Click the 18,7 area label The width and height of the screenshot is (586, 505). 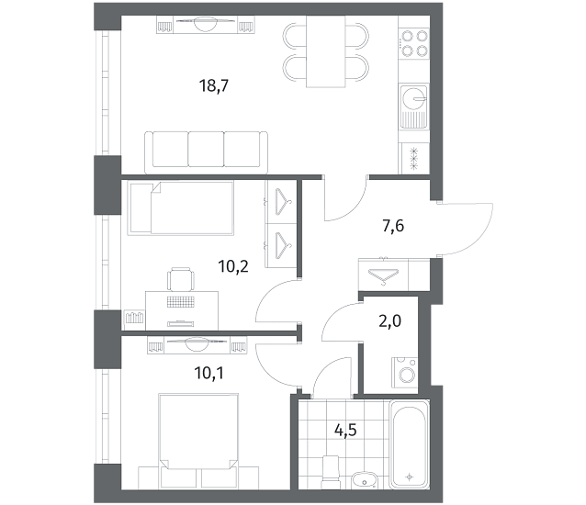(214, 86)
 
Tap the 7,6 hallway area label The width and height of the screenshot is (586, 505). (393, 226)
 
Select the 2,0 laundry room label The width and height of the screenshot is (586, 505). (389, 320)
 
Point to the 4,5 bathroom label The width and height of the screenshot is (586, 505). (345, 430)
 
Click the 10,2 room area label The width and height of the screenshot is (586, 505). (233, 266)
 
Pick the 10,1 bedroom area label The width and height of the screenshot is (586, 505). (208, 373)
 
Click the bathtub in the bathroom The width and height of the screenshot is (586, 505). (410, 444)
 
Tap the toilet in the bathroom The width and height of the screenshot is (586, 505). (331, 472)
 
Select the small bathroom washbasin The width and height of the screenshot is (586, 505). (365, 480)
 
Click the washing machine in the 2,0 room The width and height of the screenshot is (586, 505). (405, 373)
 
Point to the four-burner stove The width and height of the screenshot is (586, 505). (414, 43)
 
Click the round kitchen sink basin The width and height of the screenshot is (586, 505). (413, 98)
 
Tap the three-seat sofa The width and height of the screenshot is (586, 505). (207, 152)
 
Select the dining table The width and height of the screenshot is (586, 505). (325, 51)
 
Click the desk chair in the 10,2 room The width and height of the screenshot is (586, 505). (181, 279)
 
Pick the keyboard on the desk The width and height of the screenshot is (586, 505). (181, 301)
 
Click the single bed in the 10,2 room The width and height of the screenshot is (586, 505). (181, 208)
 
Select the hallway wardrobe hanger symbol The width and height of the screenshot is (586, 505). (383, 276)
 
